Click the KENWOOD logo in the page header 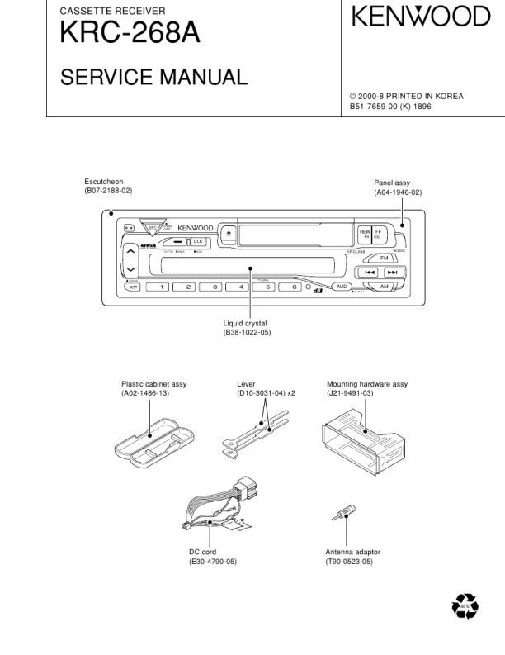tap(421, 17)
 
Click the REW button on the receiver tap(365, 234)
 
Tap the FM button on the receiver tap(384, 258)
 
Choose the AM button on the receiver tap(384, 286)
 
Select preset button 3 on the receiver tap(215, 287)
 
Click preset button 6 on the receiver tap(292, 287)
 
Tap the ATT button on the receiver tap(133, 287)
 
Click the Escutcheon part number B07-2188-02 tap(108, 191)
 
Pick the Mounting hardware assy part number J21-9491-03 tap(350, 394)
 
